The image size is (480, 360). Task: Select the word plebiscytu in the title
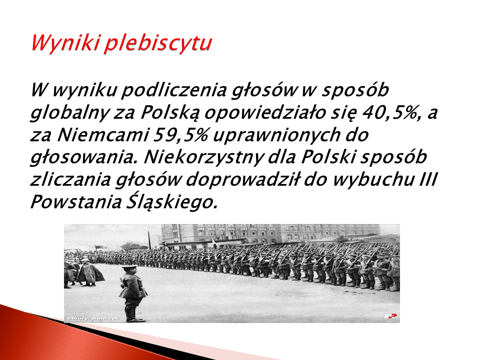157,42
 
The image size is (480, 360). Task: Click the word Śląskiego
172,201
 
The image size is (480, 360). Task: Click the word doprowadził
244,179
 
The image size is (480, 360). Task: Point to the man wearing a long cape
89,272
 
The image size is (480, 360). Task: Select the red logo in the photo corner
390,316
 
